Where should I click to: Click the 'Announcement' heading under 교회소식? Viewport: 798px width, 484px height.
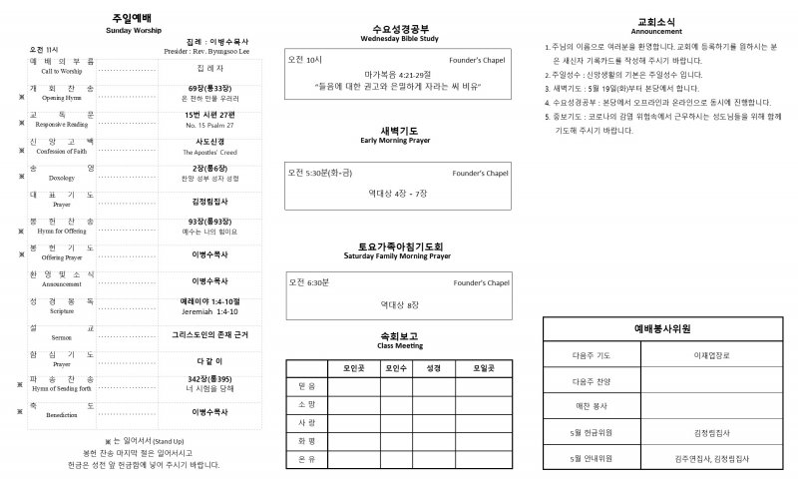(x=656, y=31)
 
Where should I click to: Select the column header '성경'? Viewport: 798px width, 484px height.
(x=433, y=368)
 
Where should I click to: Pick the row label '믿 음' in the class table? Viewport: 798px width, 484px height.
(x=306, y=385)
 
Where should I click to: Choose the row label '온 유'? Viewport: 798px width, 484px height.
(x=306, y=458)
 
